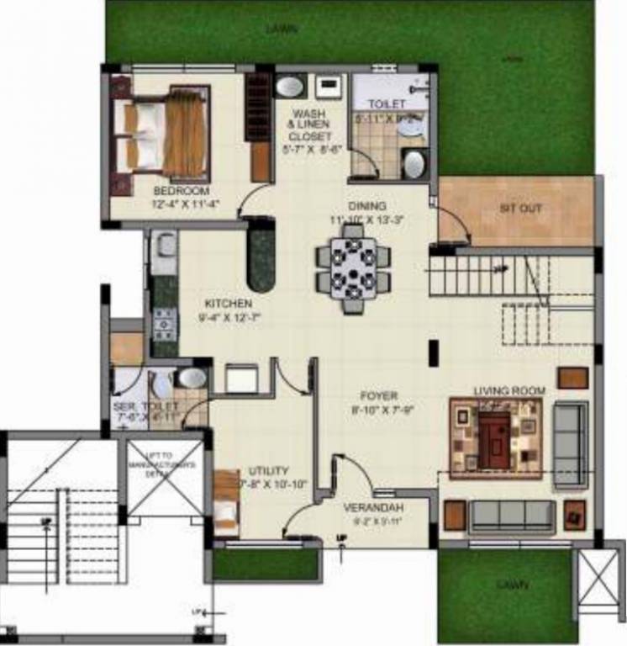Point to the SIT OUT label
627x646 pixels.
(520, 208)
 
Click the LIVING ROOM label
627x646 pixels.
(509, 391)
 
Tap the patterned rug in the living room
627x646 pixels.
(495, 437)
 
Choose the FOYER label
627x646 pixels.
(381, 395)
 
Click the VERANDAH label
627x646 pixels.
(374, 508)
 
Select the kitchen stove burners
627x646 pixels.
(164, 322)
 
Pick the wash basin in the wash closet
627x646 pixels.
(291, 87)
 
